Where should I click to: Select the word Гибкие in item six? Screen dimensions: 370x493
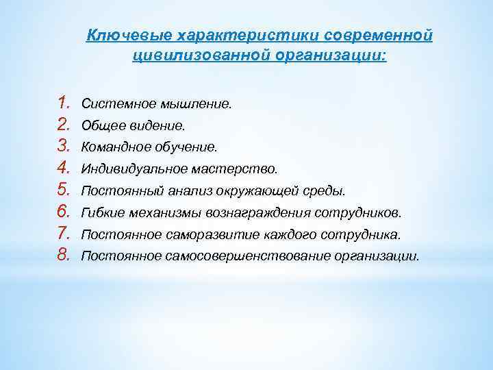[x=100, y=212]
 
